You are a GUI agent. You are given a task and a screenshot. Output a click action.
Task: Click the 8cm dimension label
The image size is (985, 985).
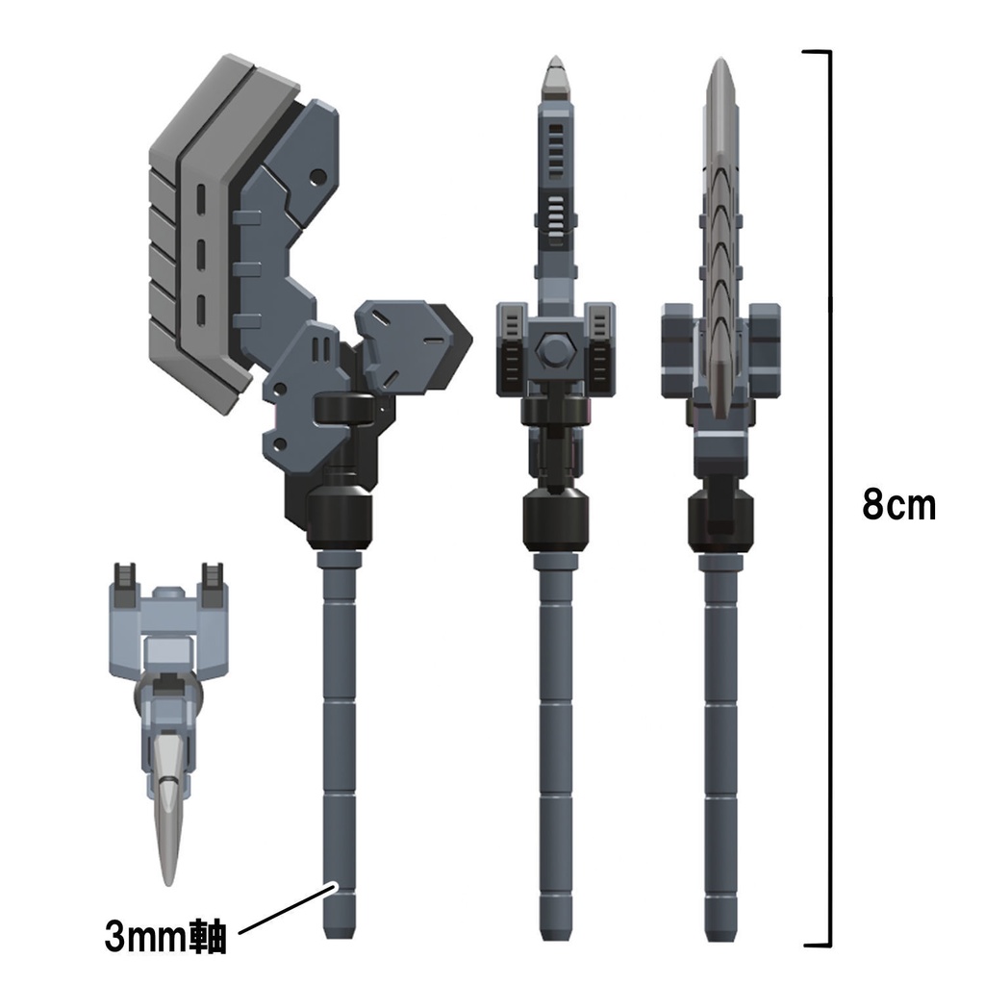[898, 504]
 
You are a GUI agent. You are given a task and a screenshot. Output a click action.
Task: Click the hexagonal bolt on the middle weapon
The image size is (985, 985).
[555, 350]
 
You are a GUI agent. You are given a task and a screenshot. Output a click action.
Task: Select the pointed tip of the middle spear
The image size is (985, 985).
[555, 72]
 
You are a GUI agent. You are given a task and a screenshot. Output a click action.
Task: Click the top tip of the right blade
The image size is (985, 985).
[720, 69]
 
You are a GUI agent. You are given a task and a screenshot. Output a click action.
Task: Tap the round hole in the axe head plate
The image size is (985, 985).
[316, 177]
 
